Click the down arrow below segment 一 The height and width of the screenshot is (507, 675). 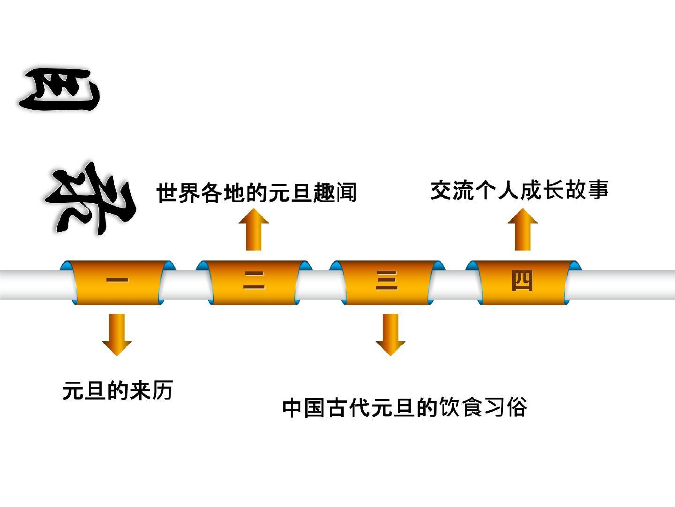click(117, 334)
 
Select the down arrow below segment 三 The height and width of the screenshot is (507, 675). click(391, 334)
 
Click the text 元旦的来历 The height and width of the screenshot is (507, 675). click(117, 390)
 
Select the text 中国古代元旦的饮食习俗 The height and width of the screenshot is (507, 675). click(405, 407)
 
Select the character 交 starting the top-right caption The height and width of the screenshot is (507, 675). click(442, 190)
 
